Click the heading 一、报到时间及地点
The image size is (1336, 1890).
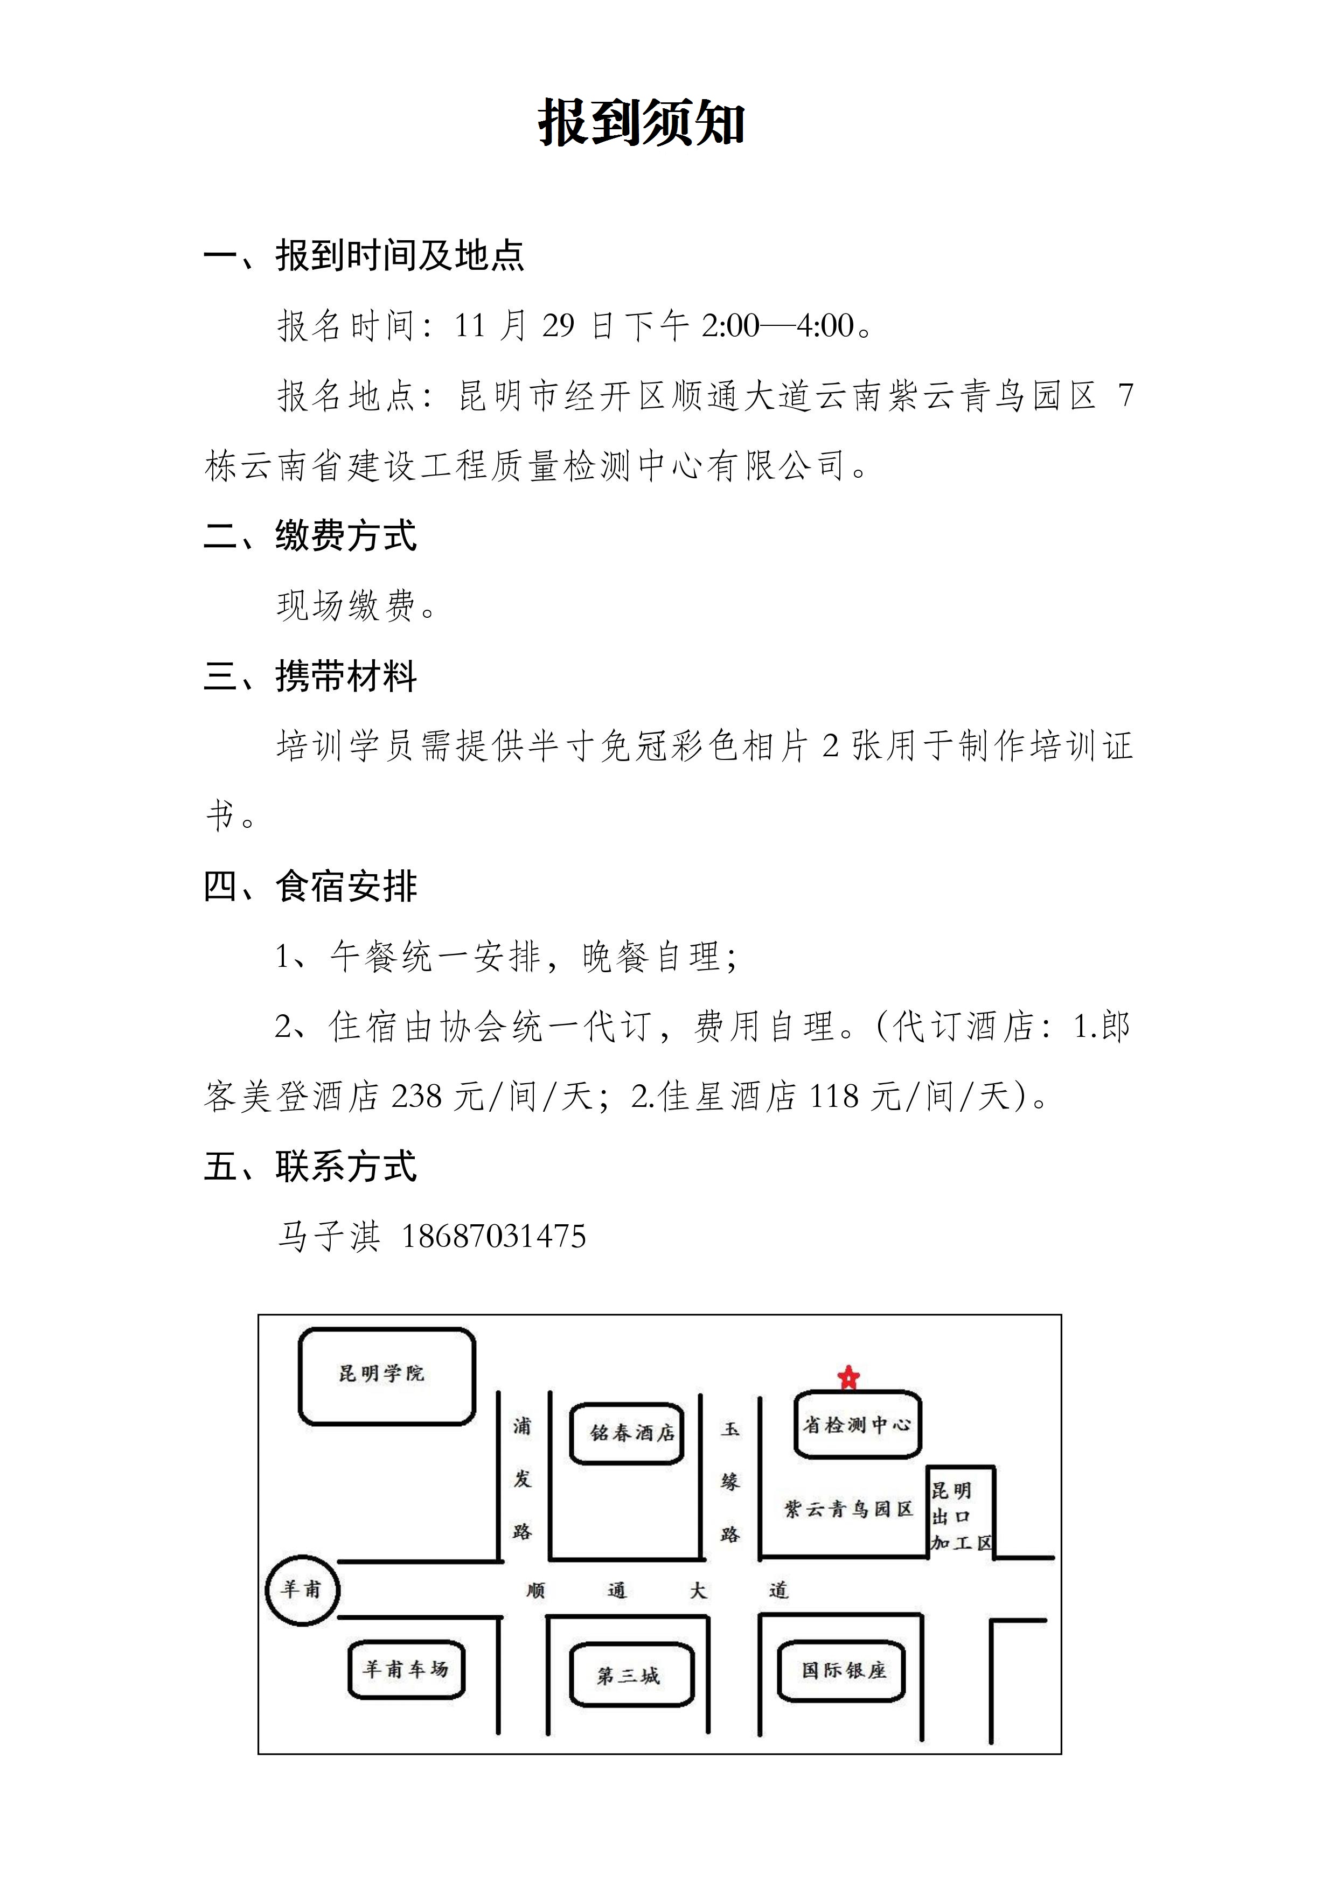click(x=364, y=255)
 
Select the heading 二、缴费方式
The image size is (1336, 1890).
click(x=310, y=536)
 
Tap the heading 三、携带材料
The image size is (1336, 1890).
click(x=310, y=676)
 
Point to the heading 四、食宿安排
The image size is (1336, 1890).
click(x=310, y=887)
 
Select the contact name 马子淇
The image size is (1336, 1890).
click(x=329, y=1237)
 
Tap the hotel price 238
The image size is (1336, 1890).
click(x=417, y=1097)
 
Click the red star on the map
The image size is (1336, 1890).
click(x=848, y=1377)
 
